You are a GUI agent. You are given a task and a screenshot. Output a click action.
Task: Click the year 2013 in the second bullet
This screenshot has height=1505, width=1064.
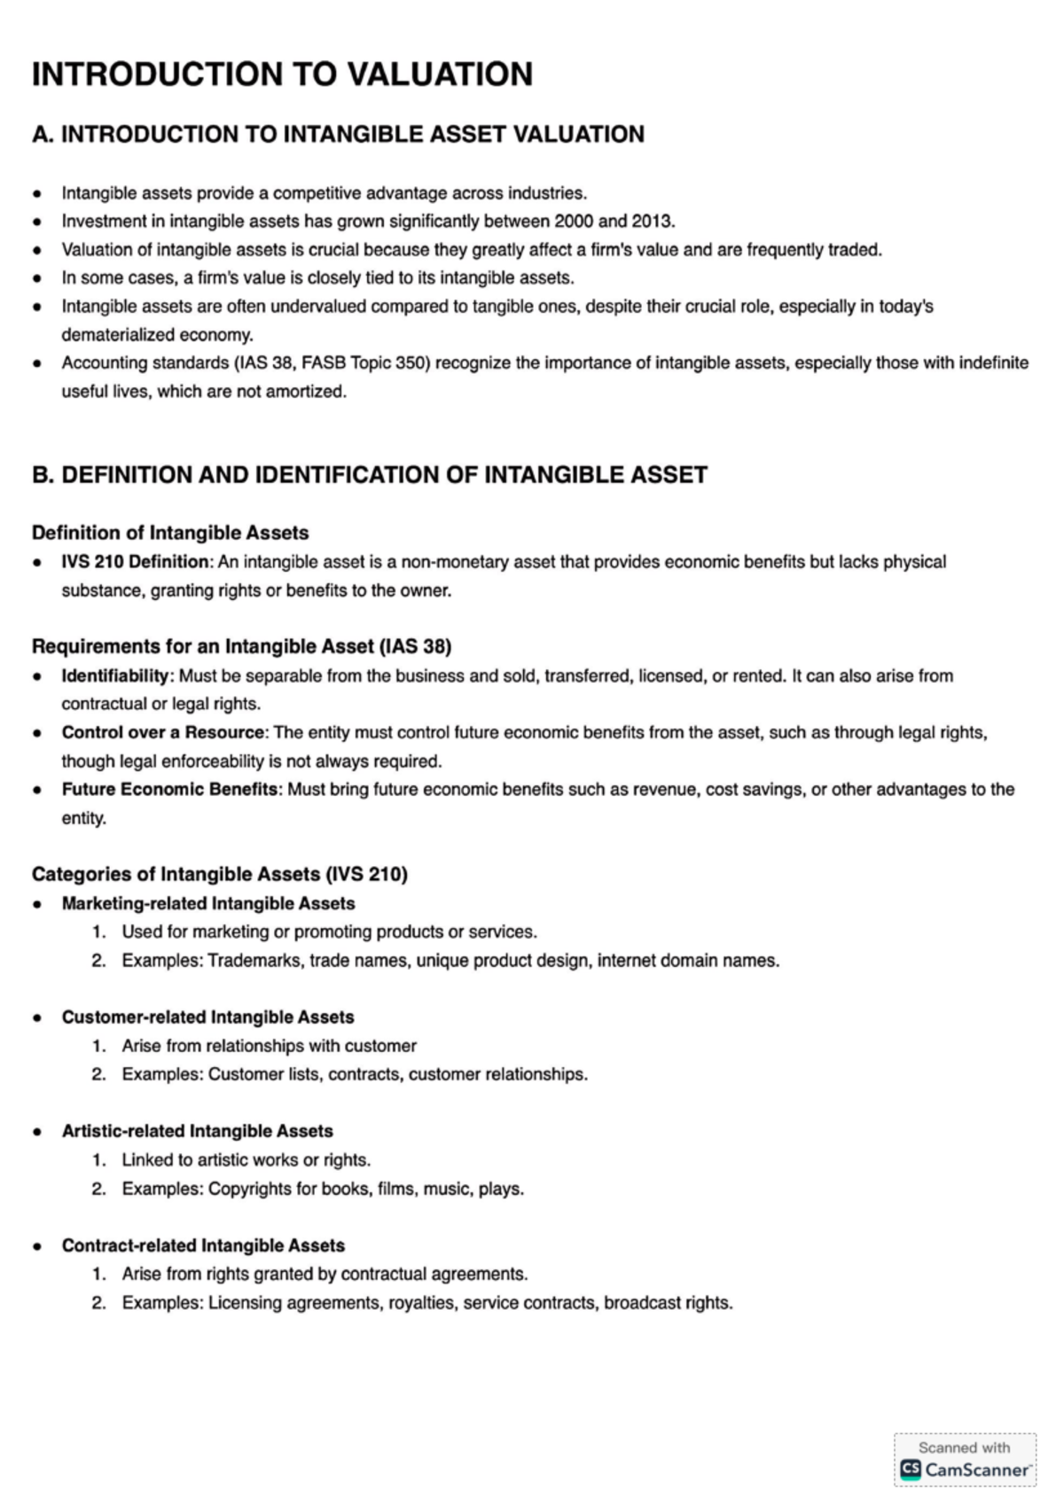652,222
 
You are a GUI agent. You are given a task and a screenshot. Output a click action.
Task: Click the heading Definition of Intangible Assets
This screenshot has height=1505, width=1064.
170,534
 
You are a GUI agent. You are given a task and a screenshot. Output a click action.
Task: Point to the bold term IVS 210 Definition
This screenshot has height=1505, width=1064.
135,562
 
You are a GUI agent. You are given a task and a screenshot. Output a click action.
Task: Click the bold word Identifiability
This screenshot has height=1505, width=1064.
115,676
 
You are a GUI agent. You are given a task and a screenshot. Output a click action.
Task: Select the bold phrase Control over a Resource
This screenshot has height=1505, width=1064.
163,733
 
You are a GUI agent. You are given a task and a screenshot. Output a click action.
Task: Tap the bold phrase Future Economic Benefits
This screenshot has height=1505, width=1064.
169,790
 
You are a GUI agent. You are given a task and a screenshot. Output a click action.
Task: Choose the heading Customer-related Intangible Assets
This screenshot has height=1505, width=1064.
207,1018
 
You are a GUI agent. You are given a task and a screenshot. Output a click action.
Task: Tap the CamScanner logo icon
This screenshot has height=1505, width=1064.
910,1470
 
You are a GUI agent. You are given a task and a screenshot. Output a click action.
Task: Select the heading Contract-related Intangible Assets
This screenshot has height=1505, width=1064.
203,1246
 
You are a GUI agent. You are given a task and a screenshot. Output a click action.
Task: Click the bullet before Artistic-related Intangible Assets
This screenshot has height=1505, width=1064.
37,1132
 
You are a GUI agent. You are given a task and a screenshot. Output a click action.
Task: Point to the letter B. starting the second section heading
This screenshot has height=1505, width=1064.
43,475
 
